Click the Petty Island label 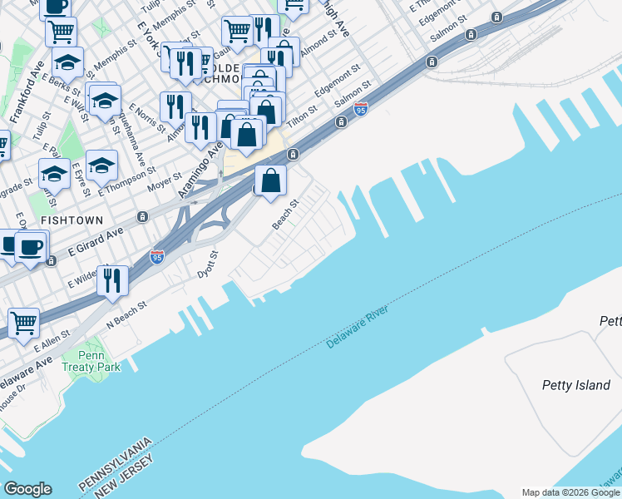575,385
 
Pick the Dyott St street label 206,264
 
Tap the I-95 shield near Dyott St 157,258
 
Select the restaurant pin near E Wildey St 112,281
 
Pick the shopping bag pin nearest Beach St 271,180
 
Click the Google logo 27,489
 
